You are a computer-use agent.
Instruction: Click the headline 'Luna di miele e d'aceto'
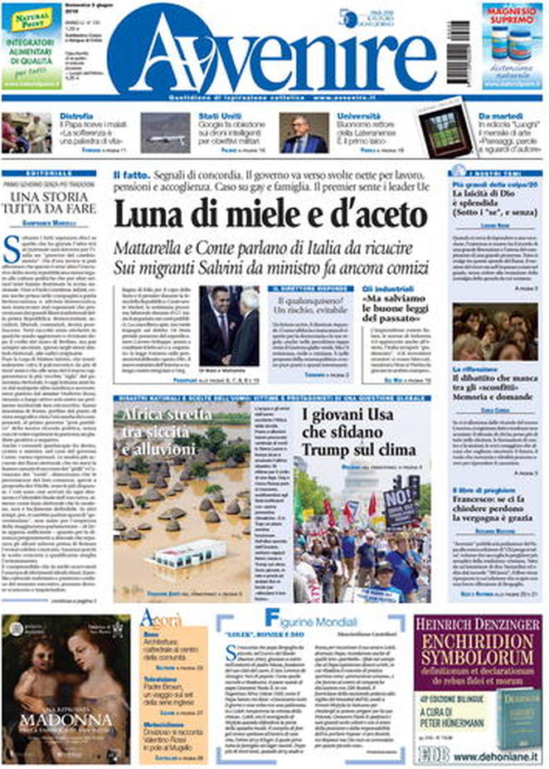[x=264, y=217]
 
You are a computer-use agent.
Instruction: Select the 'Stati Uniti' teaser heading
[x=218, y=117]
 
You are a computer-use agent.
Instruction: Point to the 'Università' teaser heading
[x=358, y=117]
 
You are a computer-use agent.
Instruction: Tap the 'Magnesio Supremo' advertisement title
[x=512, y=23]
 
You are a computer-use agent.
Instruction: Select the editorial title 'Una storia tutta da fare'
[x=55, y=203]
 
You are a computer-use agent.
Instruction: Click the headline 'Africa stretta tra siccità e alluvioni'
[x=170, y=431]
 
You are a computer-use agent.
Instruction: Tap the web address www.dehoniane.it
[x=498, y=757]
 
